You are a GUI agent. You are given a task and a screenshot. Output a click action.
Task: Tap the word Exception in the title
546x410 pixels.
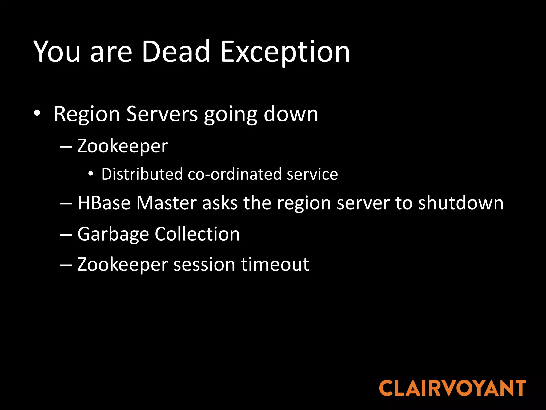click(285, 52)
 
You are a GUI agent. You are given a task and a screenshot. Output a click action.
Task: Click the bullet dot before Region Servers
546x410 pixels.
click(37, 113)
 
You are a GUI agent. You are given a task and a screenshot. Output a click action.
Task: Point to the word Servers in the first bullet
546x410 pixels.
click(162, 114)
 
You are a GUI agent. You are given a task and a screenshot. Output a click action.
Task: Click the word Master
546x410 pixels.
click(166, 203)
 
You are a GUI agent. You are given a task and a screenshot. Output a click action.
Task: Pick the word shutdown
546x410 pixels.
click(461, 203)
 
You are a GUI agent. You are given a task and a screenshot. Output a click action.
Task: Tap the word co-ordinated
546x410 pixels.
click(235, 174)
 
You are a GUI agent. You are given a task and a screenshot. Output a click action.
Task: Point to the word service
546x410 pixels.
click(312, 174)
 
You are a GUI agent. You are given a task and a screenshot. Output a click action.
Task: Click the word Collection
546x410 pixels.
click(197, 234)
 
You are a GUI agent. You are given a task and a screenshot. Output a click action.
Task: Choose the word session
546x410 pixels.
click(204, 265)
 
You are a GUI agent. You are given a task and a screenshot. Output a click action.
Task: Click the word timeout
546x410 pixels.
click(275, 265)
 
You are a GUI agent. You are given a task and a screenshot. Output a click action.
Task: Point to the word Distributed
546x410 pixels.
click(142, 174)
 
